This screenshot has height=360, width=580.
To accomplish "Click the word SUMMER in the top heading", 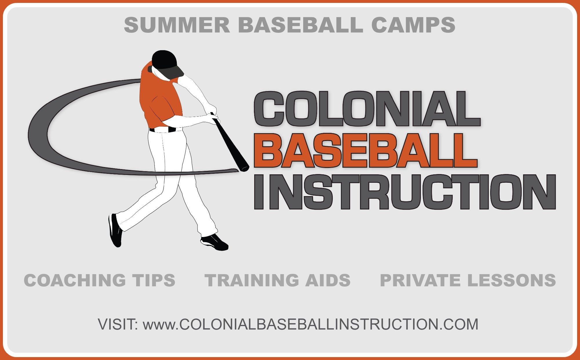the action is [x=177, y=25].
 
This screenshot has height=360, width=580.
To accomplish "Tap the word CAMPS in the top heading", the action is [x=413, y=25].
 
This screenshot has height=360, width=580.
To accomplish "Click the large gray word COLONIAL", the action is [x=367, y=109].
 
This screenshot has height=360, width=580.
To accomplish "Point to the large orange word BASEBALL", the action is [x=366, y=150].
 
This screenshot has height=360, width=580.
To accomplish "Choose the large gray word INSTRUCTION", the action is [x=405, y=192].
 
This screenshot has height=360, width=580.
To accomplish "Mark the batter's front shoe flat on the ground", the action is [x=214, y=242].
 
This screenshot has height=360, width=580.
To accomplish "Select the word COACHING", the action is [x=75, y=280].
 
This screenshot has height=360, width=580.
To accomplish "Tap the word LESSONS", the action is [x=512, y=280].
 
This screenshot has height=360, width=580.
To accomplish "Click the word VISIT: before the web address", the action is [x=118, y=324].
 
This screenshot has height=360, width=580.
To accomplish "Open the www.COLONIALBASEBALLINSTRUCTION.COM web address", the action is [x=310, y=324].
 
